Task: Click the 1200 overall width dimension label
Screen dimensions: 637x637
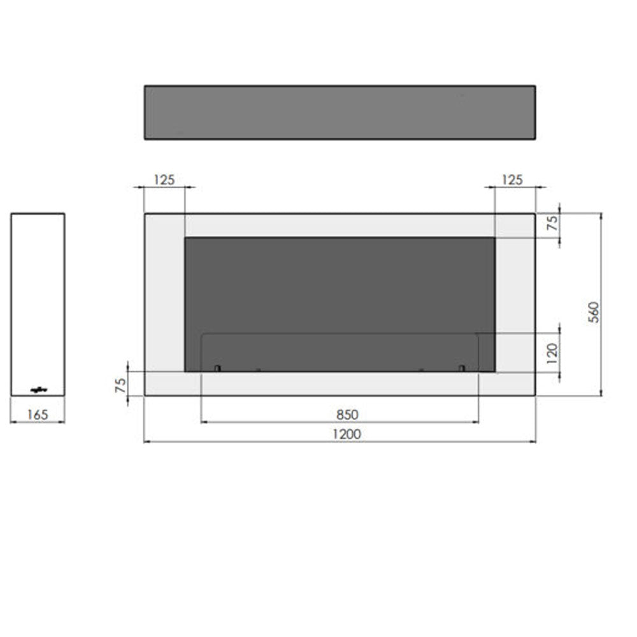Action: click(347, 434)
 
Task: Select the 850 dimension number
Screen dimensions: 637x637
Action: click(347, 415)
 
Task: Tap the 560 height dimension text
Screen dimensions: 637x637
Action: click(594, 312)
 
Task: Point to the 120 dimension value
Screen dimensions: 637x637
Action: click(552, 354)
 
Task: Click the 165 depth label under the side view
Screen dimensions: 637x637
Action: click(38, 415)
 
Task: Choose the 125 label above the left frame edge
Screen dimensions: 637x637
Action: click(164, 180)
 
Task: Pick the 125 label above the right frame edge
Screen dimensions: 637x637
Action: click(512, 180)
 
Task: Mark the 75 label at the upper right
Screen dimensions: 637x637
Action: click(552, 223)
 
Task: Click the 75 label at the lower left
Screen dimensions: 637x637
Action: click(120, 385)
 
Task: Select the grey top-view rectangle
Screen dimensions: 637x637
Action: click(340, 113)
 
